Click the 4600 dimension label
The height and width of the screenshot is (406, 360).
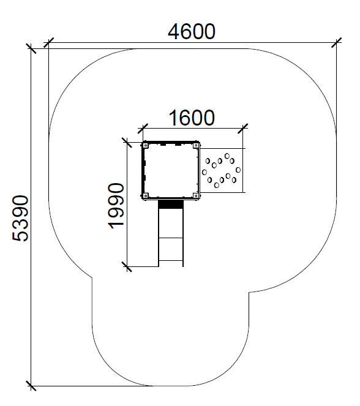(x=191, y=32)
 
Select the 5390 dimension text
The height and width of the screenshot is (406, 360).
(x=20, y=218)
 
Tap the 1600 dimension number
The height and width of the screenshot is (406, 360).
(x=192, y=118)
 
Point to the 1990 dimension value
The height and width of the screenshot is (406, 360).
(x=116, y=206)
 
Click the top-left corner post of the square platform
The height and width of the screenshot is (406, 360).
(x=146, y=146)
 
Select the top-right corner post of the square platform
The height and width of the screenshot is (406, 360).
(x=196, y=146)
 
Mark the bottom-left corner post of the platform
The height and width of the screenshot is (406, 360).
(x=146, y=195)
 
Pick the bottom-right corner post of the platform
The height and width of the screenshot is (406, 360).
(x=196, y=195)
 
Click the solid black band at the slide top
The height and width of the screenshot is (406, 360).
(x=171, y=205)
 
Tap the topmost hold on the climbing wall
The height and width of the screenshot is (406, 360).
(x=227, y=156)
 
